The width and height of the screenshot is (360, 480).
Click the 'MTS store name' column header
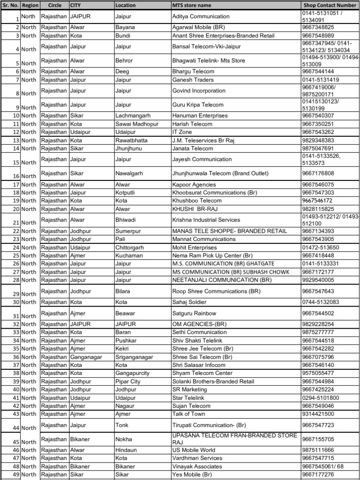[x=192, y=5]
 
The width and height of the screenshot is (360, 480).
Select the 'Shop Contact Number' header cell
[x=330, y=5]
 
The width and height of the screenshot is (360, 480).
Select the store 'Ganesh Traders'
[x=191, y=80]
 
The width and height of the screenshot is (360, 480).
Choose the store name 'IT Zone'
[x=182, y=132]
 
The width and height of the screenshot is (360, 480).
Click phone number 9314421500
[x=318, y=414]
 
